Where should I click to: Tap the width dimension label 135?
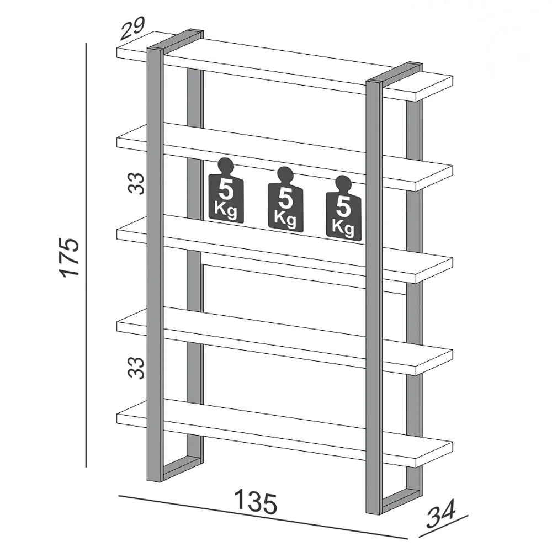click(256, 501)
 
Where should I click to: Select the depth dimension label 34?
click(442, 513)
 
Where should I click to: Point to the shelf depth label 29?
click(132, 28)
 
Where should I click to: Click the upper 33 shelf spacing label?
click(136, 183)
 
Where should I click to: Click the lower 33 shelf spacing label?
click(136, 368)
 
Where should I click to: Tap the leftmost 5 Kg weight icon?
click(226, 190)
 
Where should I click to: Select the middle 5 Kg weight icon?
click(285, 200)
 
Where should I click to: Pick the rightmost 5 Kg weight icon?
click(343, 208)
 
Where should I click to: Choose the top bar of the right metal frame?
click(395, 73)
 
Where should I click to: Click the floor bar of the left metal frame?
click(182, 469)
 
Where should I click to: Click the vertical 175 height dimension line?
click(86, 255)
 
